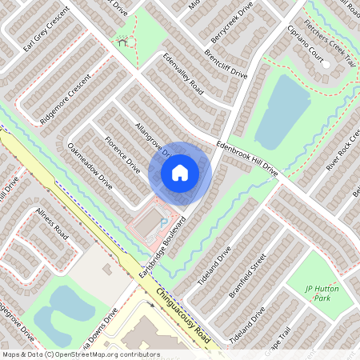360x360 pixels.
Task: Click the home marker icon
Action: tap(180, 173)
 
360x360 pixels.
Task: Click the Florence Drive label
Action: tap(122, 154)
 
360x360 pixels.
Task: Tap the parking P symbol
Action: tap(164, 222)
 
